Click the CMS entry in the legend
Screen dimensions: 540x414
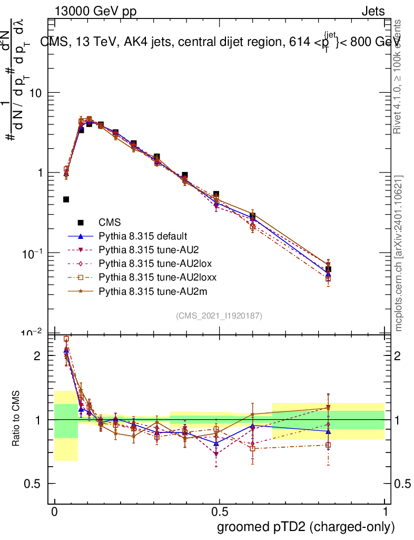(x=110, y=223)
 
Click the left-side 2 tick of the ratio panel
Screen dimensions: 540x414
(x=37, y=356)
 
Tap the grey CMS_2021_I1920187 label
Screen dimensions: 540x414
(x=219, y=316)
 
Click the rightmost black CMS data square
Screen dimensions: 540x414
(x=328, y=269)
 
